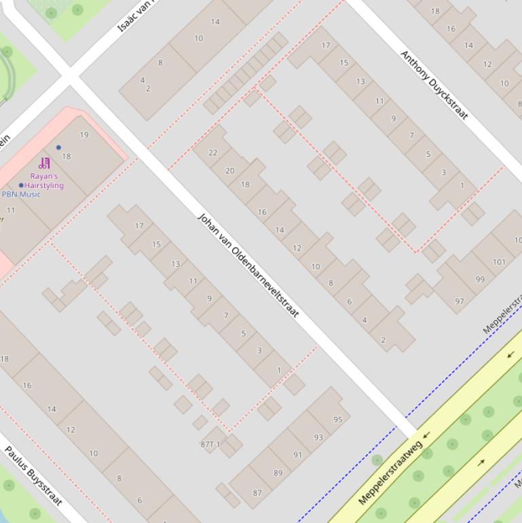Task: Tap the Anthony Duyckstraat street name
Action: click(434, 85)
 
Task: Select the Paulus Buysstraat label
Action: click(33, 475)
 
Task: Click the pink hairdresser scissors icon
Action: click(45, 163)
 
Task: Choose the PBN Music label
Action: click(21, 194)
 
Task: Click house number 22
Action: click(212, 153)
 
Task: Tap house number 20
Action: click(229, 171)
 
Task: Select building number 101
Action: click(499, 261)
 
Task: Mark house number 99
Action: click(481, 279)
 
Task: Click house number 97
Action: click(460, 302)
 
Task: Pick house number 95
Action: click(337, 420)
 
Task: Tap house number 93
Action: click(318, 437)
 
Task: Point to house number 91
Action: click(297, 455)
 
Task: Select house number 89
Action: click(278, 473)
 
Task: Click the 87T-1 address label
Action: click(210, 444)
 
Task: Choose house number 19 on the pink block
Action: click(84, 134)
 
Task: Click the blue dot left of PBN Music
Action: click(21, 185)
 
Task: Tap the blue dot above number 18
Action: click(58, 147)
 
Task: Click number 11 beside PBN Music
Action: click(11, 211)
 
